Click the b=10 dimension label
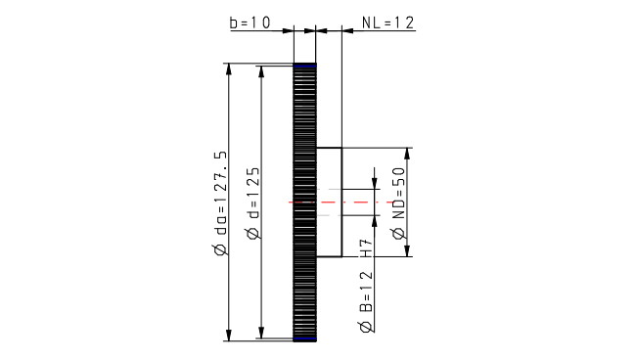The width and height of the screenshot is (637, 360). [x=250, y=22]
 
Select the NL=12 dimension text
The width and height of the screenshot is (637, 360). [x=387, y=22]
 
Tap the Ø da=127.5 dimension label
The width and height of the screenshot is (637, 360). [x=220, y=204]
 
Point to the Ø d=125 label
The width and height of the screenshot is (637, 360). [x=252, y=202]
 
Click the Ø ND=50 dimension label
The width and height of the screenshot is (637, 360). [x=398, y=202]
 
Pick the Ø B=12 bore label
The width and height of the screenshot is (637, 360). [x=366, y=301]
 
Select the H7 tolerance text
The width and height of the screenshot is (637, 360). [x=366, y=248]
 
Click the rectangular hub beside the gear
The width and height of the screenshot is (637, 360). [x=329, y=202]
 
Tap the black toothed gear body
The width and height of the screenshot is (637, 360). [x=304, y=202]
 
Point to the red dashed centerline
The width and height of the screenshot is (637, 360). [x=341, y=202]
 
